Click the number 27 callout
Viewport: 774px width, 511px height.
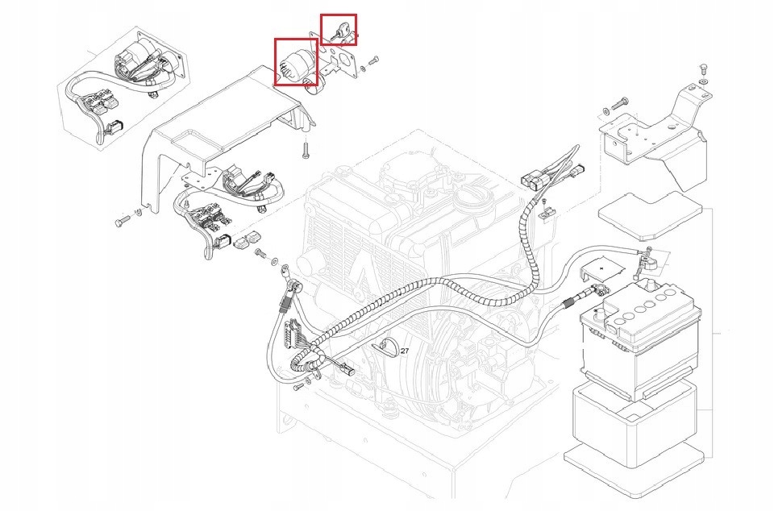405,351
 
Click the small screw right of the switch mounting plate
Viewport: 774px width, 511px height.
372,61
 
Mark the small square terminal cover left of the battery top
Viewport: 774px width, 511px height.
601,270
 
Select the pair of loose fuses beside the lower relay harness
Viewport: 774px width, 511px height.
246,239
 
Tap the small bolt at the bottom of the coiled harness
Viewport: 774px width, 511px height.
299,387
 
